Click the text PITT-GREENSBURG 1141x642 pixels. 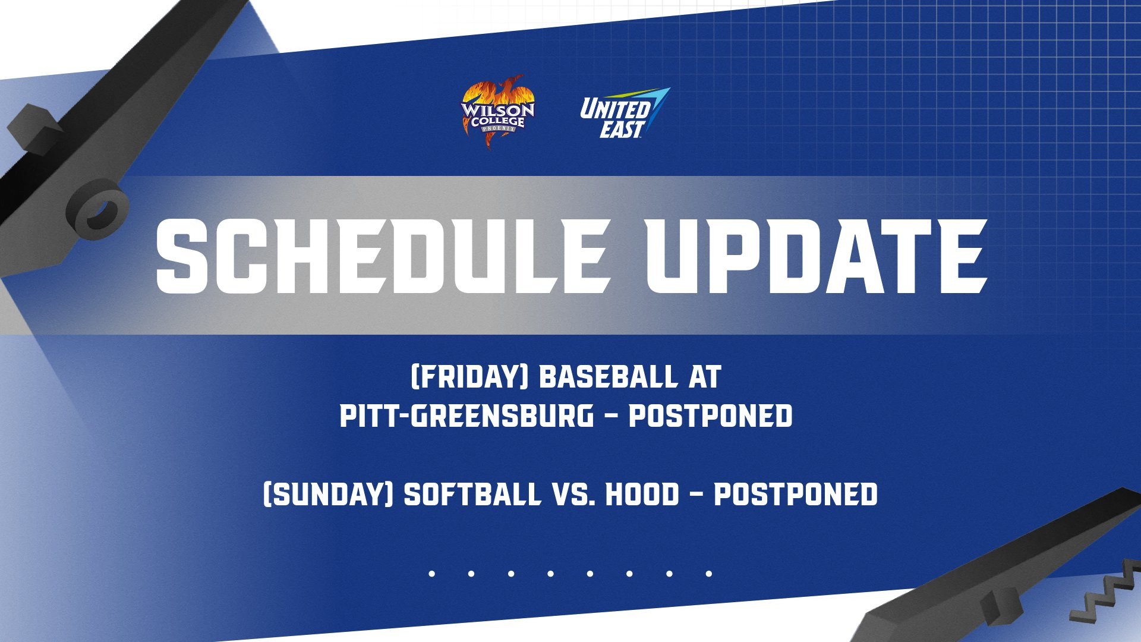coord(467,416)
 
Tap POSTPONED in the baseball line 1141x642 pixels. coord(711,416)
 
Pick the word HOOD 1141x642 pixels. coord(642,494)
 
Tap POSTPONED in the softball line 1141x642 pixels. coord(796,494)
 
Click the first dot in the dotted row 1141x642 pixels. coord(432,574)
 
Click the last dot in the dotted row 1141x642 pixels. coord(708,574)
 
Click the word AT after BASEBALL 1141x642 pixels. coord(705,377)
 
